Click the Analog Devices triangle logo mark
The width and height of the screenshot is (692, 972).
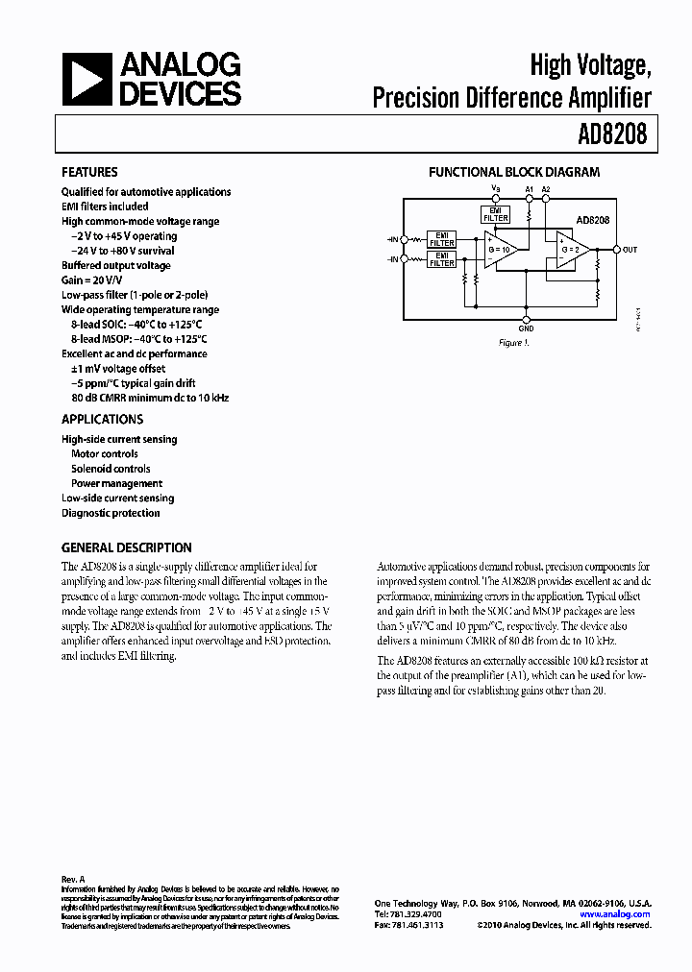(86, 79)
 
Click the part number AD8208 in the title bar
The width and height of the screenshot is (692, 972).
(613, 135)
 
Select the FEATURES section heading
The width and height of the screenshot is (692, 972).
(89, 173)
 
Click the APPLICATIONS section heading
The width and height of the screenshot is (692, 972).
(102, 420)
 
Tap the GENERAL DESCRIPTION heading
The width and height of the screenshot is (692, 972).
(126, 547)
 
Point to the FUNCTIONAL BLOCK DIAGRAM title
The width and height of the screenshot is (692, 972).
(514, 173)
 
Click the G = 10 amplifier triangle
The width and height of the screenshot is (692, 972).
(502, 250)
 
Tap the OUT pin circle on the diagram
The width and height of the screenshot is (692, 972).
(617, 250)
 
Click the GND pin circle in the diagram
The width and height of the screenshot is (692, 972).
(526, 317)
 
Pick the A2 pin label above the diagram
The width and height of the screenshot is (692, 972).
(546, 189)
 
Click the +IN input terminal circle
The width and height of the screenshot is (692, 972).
(405, 259)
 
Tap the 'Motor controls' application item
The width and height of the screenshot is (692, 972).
(104, 454)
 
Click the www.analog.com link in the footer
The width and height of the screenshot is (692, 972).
(615, 914)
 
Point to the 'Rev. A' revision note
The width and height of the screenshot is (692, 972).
(74, 879)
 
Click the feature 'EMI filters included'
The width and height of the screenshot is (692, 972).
(105, 207)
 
